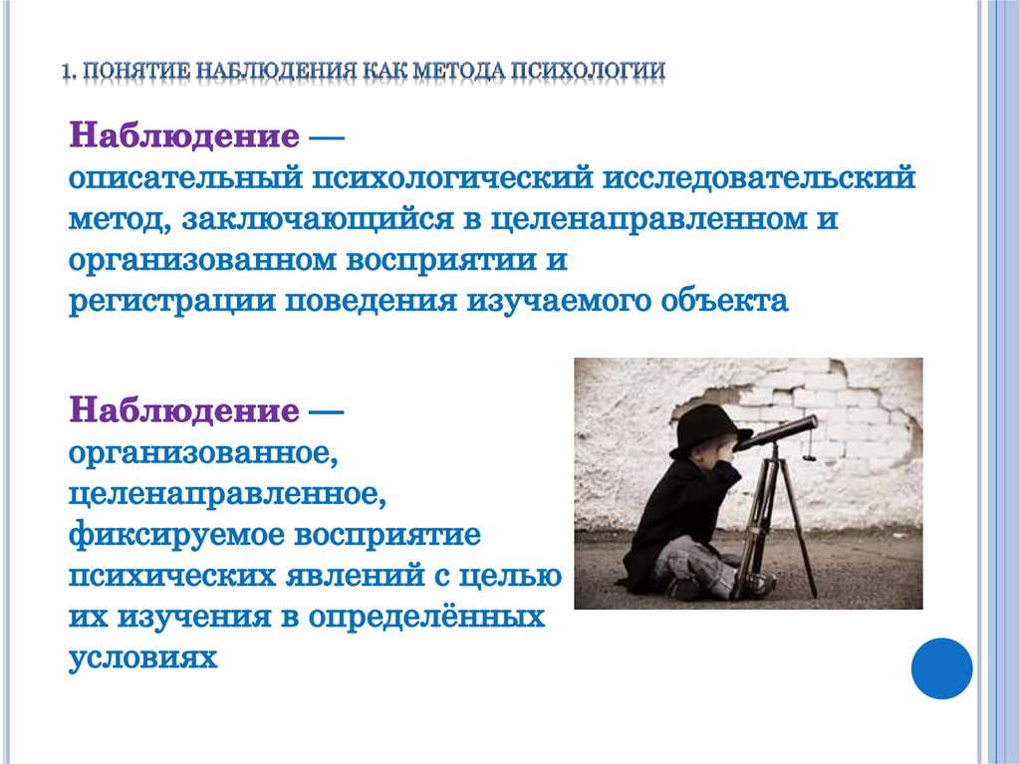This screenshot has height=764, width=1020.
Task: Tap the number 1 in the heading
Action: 67,71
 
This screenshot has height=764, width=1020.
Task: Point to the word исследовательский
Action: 759,177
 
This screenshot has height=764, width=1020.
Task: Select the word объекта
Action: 725,301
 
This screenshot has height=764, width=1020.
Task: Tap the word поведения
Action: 371,302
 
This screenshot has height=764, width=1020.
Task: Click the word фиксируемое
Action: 176,536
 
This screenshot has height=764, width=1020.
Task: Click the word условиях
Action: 143,659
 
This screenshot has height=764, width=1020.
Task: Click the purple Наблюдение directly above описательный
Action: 184,136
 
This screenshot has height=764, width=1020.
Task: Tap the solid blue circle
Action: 941,668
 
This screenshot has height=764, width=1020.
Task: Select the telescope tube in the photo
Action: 776,432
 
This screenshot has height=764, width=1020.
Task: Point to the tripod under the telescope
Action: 772,521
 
